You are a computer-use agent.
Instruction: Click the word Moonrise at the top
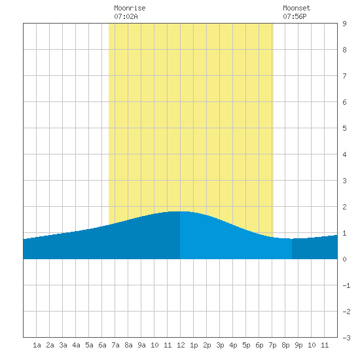pyautogui.click(x=130, y=8)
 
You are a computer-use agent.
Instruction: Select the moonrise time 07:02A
pyautogui.click(x=126, y=16)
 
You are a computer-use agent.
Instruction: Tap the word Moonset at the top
pyautogui.click(x=297, y=8)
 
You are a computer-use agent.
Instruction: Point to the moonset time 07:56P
pyautogui.click(x=295, y=16)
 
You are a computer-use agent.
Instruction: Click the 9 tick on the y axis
pyautogui.click(x=344, y=24)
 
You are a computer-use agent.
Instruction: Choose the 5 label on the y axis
pyautogui.click(x=344, y=128)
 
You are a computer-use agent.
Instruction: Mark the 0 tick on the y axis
pyautogui.click(x=344, y=259)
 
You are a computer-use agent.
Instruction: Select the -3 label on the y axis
pyautogui.click(x=346, y=338)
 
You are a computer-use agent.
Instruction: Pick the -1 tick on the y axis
pyautogui.click(x=346, y=285)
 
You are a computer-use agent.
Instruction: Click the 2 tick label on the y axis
pyautogui.click(x=344, y=207)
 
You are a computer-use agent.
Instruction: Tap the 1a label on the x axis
pyautogui.click(x=37, y=345)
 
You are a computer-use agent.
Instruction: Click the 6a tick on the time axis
pyautogui.click(x=102, y=345)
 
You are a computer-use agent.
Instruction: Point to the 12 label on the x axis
pyautogui.click(x=181, y=345)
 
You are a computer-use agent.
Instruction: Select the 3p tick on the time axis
pyautogui.click(x=220, y=345)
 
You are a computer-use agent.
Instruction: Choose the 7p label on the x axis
pyautogui.click(x=272, y=345)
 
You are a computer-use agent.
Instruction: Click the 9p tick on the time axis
pyautogui.click(x=298, y=345)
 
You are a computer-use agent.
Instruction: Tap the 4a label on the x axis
pyautogui.click(x=76, y=345)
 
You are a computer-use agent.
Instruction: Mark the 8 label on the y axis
pyautogui.click(x=344, y=50)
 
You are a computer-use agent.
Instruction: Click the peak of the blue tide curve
pyautogui.click(x=180, y=211)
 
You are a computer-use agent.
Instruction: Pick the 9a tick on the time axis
pyautogui.click(x=141, y=345)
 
